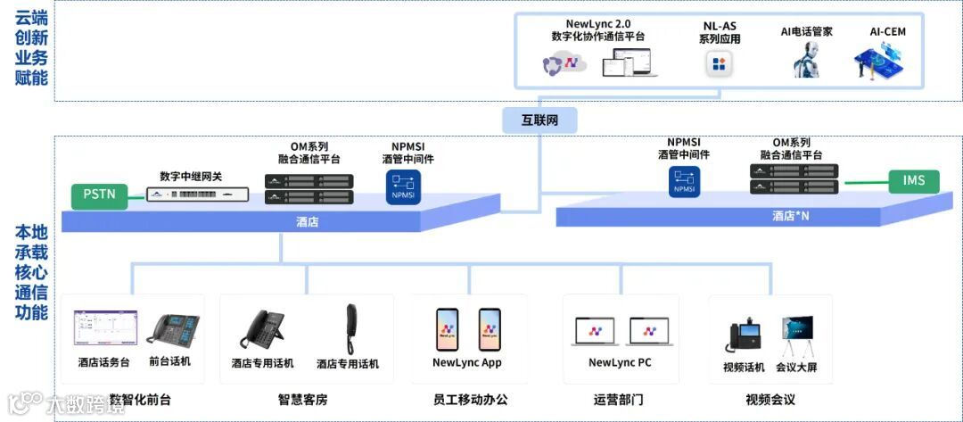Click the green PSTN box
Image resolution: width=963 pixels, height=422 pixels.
pyautogui.click(x=100, y=194)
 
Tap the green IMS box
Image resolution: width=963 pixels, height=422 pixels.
pyautogui.click(x=914, y=181)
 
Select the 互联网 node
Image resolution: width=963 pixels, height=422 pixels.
pyautogui.click(x=539, y=119)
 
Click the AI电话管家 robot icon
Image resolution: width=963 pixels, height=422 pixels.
pyautogui.click(x=806, y=60)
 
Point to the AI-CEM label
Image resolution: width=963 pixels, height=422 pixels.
pyautogui.click(x=887, y=32)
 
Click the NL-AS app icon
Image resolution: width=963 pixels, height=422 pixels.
pyautogui.click(x=720, y=63)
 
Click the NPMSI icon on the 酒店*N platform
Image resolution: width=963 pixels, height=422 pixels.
pyautogui.click(x=684, y=181)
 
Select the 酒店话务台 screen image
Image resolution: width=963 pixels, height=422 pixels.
pyautogui.click(x=105, y=327)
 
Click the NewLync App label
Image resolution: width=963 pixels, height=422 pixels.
pyautogui.click(x=466, y=363)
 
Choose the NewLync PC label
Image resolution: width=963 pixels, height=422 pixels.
pyautogui.click(x=620, y=363)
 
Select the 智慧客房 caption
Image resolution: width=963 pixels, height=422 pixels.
pyautogui.click(x=302, y=400)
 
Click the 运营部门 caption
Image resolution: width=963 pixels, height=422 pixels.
pyautogui.click(x=618, y=400)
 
